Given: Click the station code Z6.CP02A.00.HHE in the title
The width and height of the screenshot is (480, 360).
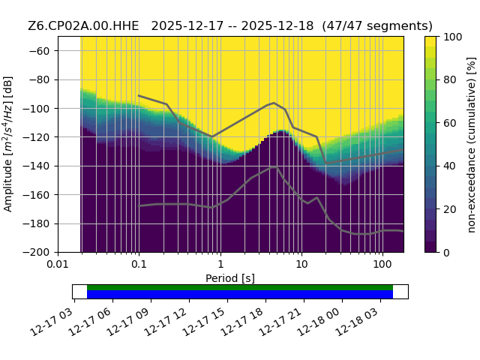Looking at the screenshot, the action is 83,26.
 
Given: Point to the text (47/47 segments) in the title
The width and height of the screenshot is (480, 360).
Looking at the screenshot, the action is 377,26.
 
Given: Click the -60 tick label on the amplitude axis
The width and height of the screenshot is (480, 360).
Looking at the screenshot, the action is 39,51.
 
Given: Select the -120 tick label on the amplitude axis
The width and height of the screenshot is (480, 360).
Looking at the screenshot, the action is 36,137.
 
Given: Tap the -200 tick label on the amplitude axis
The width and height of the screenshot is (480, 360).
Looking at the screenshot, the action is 36,253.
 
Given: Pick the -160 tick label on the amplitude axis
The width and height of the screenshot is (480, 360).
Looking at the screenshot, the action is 36,195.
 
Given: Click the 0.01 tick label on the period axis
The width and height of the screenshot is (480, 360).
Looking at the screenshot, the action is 58,264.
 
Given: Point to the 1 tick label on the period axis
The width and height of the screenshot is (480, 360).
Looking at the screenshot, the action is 220,264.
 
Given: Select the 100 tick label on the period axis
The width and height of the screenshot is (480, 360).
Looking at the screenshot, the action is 382,264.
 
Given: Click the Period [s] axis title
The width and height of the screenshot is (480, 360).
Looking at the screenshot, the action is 230,278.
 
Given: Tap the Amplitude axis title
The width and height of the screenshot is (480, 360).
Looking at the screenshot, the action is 8,144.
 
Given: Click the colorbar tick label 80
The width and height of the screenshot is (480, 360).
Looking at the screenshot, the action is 450,80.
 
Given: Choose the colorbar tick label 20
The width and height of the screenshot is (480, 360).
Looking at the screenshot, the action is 450,209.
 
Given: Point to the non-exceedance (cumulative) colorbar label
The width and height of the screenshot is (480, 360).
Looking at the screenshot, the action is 472,145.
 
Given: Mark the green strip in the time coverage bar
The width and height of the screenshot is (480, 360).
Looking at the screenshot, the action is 240,287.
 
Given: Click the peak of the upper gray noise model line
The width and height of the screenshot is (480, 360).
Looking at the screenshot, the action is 274,103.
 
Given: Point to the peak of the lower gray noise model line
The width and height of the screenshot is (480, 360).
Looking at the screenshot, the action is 274,167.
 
